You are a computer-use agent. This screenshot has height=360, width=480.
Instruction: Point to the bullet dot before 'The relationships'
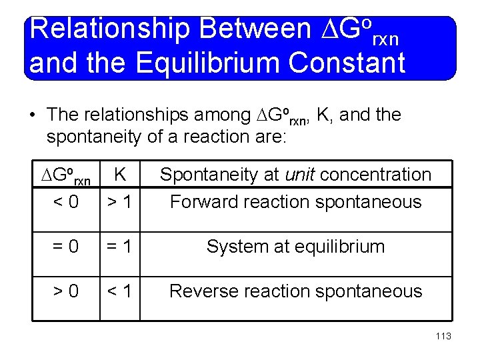point(33,116)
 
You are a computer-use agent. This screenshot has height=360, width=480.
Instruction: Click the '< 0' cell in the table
point(65,201)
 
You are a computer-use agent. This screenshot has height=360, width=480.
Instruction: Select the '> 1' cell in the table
point(121,201)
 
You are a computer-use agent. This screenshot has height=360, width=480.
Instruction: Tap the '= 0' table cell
point(65,247)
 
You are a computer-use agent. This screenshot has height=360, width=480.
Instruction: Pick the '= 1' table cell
point(121,247)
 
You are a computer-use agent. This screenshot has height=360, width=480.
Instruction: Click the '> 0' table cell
point(65,291)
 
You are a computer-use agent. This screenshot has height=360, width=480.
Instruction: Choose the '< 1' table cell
point(121,291)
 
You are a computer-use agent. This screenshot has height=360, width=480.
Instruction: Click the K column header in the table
point(121,175)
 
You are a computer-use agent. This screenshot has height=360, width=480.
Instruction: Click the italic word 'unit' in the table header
point(303,175)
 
